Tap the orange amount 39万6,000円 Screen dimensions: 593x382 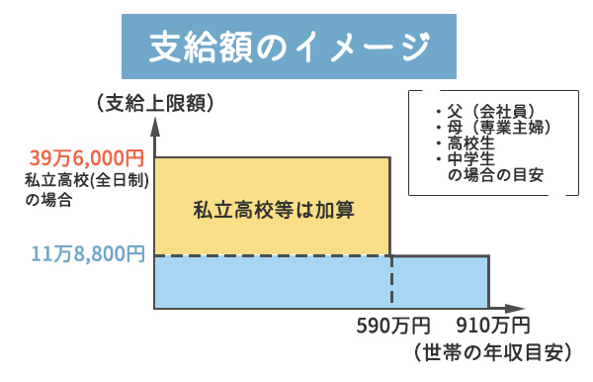(87, 157)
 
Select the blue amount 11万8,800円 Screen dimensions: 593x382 (87, 255)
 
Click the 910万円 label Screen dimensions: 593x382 (492, 326)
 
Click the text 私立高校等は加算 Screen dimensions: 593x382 (273, 209)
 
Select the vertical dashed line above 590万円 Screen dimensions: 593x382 (391, 282)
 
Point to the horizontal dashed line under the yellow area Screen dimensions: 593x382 (273, 255)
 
